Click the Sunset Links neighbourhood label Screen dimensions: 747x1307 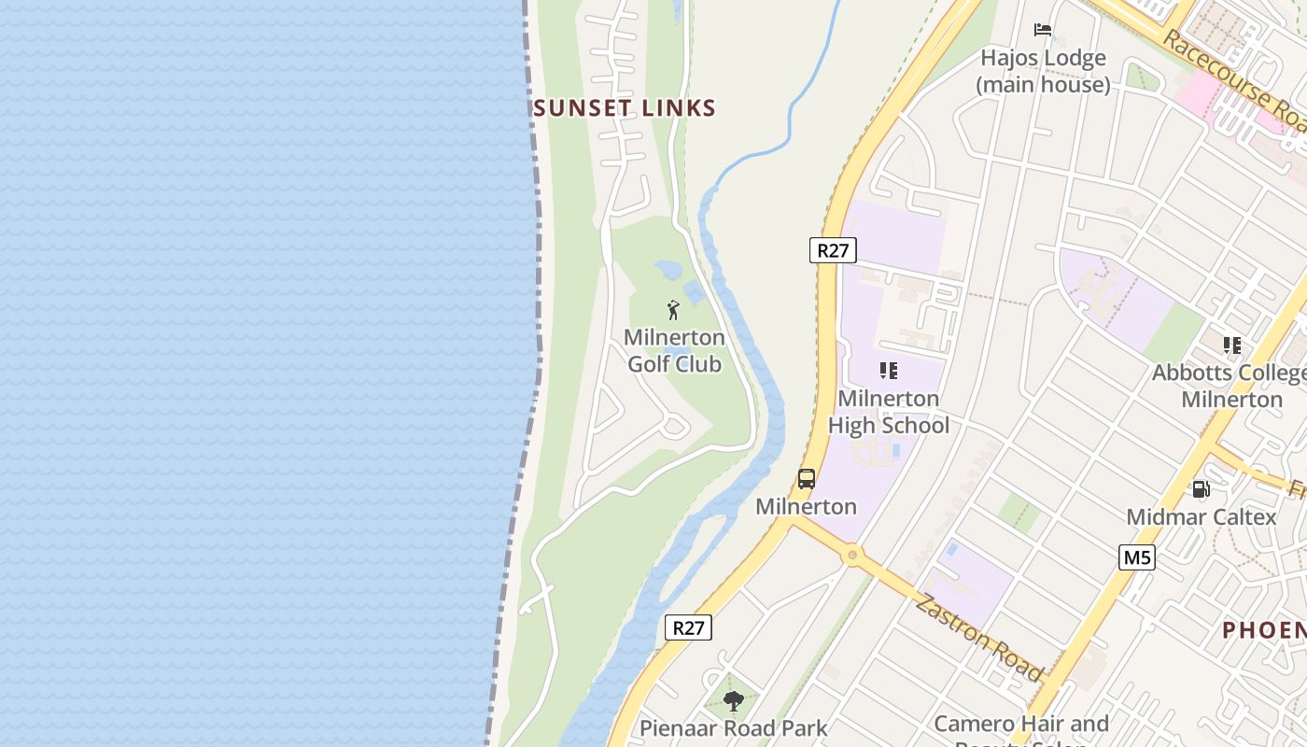[625, 108]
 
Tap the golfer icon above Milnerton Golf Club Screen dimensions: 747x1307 [673, 310]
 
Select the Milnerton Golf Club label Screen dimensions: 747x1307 [674, 350]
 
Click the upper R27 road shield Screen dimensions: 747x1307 [832, 250]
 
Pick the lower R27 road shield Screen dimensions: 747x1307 [688, 627]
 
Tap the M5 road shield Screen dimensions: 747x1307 [1137, 558]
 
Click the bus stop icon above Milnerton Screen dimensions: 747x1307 [807, 479]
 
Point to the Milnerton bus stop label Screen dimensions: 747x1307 [806, 507]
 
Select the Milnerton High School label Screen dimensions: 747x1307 [889, 412]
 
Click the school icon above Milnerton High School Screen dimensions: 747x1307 [889, 371]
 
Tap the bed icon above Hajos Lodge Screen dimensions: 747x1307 [1043, 30]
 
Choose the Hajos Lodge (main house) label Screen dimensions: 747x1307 [1043, 71]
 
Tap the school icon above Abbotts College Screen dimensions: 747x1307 [1232, 345]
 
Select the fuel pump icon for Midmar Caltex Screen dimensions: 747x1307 [1201, 488]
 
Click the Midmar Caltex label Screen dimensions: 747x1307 [1201, 517]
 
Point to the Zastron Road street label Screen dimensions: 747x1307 [979, 637]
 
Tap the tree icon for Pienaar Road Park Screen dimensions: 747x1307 [734, 700]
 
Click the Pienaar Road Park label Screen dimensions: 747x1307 [734, 728]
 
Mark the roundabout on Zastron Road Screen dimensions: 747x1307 [851, 556]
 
